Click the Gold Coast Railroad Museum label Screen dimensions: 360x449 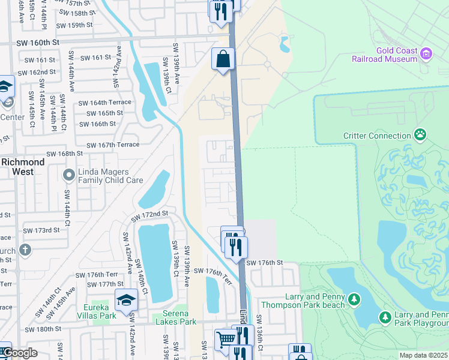pos(396,55)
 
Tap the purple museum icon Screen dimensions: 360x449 pos(427,55)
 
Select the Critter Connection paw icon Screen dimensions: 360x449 pos(420,136)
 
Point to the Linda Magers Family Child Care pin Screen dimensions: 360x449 pos(68,175)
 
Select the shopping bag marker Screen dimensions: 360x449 pos(223,59)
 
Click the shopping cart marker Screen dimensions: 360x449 pos(226,340)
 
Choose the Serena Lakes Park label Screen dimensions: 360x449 pos(176,317)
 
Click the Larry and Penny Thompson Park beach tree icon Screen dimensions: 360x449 pos(354,299)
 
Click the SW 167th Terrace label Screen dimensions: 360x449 pos(113,145)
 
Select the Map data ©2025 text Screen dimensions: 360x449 pos(424,355)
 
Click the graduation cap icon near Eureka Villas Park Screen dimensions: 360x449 pos(126,299)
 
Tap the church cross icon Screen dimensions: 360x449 pos(25,249)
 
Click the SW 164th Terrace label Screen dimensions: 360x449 pos(104,103)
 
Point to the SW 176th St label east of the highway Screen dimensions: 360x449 pos(264,263)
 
